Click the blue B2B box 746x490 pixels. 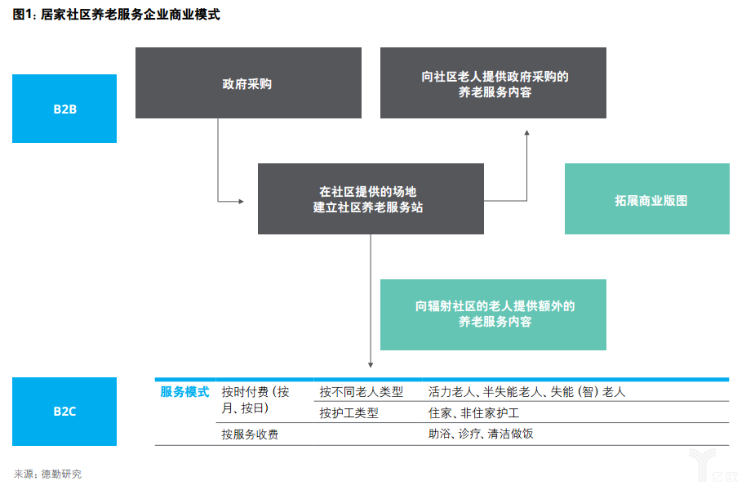64,109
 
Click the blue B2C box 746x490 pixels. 64,412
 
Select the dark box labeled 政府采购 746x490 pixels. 248,83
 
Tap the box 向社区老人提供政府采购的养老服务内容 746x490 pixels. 494,83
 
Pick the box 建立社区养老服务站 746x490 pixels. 371,198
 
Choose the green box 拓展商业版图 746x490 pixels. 647,199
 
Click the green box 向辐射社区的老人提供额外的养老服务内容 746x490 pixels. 494,314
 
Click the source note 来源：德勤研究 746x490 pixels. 47,474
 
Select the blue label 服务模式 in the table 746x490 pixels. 184,392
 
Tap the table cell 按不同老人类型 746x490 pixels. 359,392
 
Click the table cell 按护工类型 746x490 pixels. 349,413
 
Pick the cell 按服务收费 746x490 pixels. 250,434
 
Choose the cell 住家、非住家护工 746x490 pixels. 473,413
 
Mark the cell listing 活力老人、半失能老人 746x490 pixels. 526,392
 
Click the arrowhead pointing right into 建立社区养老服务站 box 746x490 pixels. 242,200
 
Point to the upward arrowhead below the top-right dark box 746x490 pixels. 526,131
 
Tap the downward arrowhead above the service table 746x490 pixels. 371,364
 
